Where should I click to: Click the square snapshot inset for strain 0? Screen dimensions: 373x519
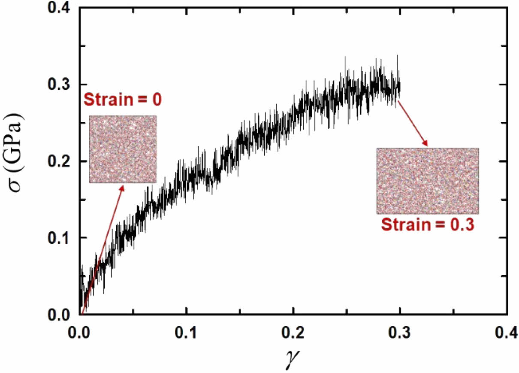click(x=123, y=149)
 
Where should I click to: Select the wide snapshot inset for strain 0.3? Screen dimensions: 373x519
click(x=428, y=181)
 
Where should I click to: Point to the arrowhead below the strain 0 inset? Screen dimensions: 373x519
click(x=124, y=188)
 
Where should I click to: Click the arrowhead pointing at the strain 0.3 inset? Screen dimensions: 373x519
click(x=426, y=143)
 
